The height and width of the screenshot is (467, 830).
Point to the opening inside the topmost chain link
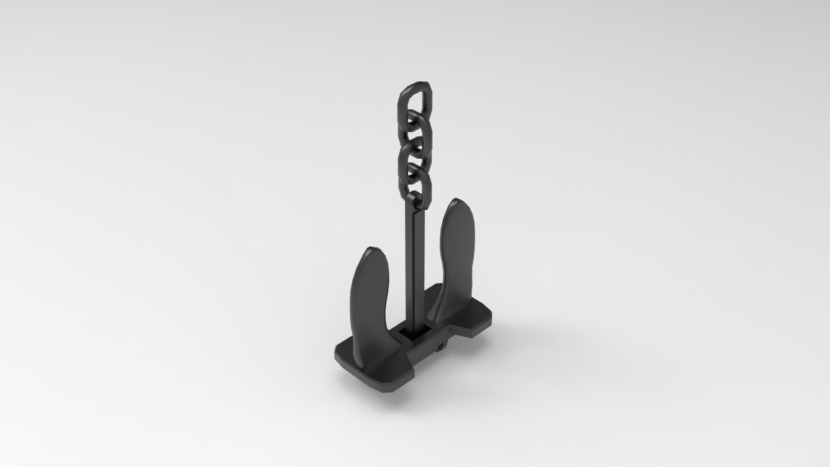click(x=414, y=104)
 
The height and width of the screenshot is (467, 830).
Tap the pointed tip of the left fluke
click(x=373, y=249)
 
